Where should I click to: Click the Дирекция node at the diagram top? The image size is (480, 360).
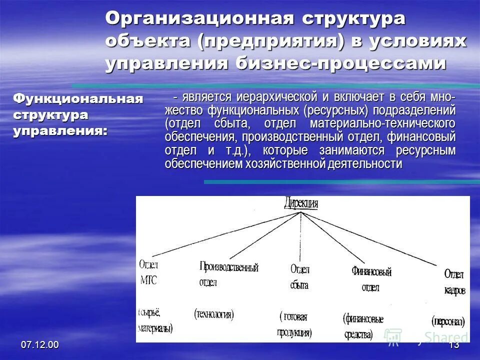[301, 203]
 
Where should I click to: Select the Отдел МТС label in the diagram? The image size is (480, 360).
[148, 272]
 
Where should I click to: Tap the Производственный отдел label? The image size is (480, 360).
[228, 274]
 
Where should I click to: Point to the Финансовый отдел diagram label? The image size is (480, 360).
[371, 279]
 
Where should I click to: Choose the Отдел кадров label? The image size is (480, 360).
[454, 282]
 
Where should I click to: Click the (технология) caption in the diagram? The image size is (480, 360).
[214, 314]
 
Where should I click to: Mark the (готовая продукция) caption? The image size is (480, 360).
[295, 324]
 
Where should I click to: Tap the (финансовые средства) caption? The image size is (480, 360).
[363, 326]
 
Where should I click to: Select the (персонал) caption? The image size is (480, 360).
[448, 320]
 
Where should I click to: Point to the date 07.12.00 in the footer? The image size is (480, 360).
[39, 345]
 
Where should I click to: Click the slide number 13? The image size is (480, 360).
[454, 345]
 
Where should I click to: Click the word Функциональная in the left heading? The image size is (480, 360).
[77, 98]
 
